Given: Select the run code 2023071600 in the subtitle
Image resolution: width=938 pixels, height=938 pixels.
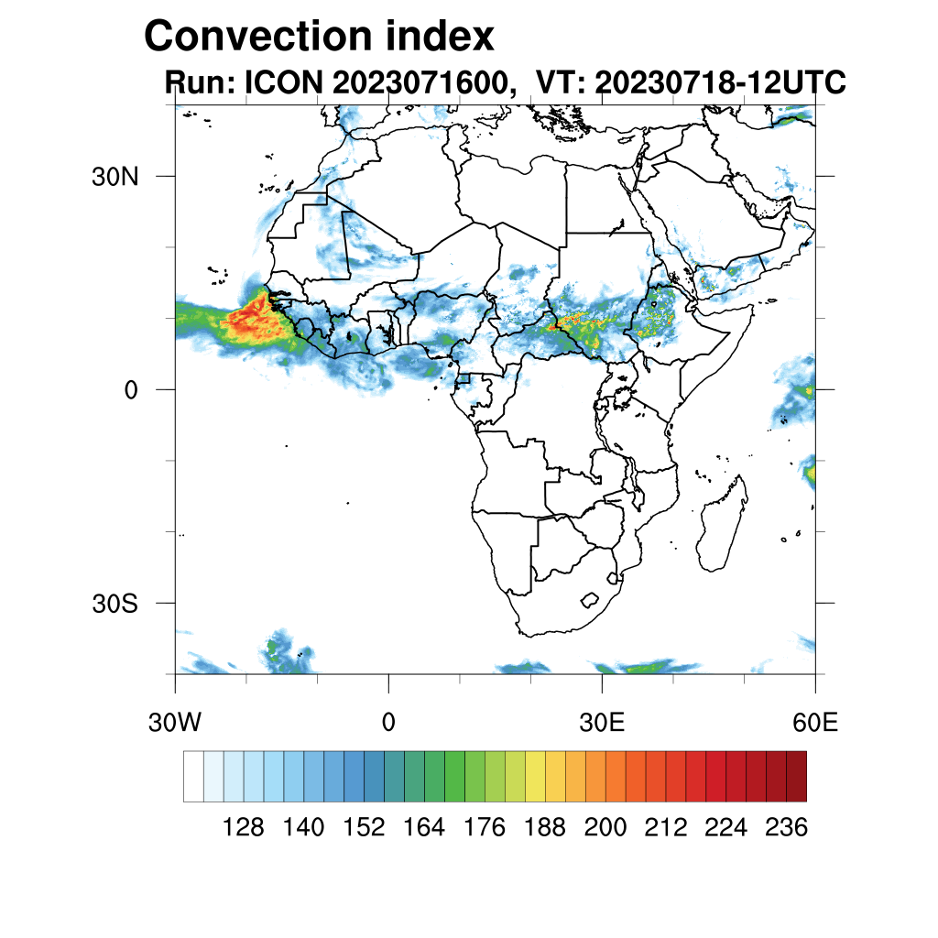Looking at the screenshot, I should pos(421,82).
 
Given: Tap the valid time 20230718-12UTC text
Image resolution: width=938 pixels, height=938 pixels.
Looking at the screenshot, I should pos(720,82).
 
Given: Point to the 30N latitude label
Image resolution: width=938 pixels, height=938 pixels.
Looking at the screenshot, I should pos(115,177).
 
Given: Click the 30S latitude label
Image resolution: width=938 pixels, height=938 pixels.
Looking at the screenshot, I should pos(115,605).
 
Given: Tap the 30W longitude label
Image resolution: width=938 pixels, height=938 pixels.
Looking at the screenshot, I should pos(174,723).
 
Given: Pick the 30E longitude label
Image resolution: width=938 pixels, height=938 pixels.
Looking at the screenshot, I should pos(602,723).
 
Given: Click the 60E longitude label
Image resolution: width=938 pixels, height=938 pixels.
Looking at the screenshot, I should pos(814,723).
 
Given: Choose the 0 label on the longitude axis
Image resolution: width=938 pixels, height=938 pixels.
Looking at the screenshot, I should pos(388,723).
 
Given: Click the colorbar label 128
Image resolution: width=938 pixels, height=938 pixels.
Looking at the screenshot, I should pos(244,828).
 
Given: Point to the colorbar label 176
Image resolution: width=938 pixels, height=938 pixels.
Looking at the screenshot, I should pos(485,828).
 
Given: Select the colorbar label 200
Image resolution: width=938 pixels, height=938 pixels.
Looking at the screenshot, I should pos(605,828).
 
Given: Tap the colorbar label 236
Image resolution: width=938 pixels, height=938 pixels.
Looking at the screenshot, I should pos(785,828).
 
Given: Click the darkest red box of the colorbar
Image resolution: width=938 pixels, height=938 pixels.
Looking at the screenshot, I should pos(796,776).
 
